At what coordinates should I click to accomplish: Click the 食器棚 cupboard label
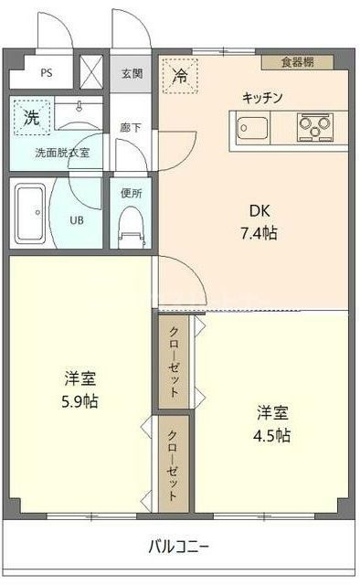pyautogui.click(x=297, y=62)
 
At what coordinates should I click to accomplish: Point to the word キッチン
pyautogui.click(x=262, y=98)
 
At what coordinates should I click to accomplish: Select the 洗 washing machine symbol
pyautogui.click(x=31, y=118)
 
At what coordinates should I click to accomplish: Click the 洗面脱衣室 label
pyautogui.click(x=63, y=153)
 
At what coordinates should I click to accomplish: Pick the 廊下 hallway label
pyautogui.click(x=130, y=129)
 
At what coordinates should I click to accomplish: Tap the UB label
pyautogui.click(x=79, y=219)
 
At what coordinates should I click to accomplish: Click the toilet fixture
pyautogui.click(x=131, y=224)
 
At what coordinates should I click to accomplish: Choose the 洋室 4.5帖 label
pyautogui.click(x=272, y=423)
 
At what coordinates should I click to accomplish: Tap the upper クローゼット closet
pyautogui.click(x=175, y=362)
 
